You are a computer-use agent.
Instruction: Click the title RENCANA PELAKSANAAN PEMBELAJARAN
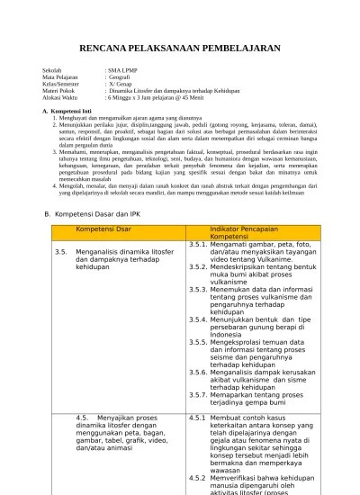point(180,46)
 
